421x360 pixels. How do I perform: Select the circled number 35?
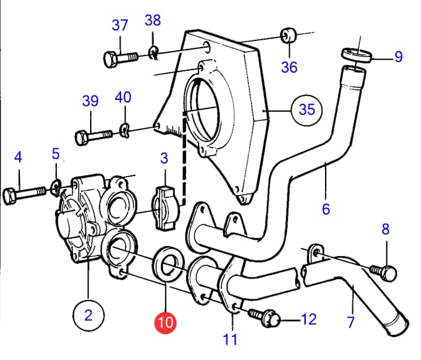tap(306, 109)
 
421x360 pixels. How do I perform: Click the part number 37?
tap(119, 26)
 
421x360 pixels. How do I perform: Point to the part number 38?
tap(152, 21)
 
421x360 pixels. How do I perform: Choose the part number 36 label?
tap(289, 67)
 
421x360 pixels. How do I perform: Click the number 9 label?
tap(398, 57)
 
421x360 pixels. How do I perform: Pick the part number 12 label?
tap(308, 320)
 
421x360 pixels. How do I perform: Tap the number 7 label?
tap(351, 322)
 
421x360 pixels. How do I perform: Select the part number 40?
tap(122, 97)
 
